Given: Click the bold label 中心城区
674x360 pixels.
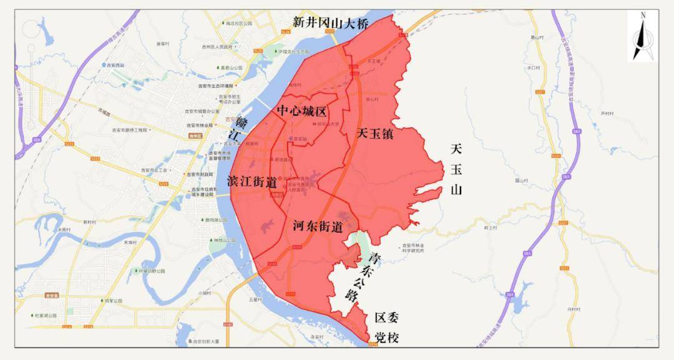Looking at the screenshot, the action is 302,111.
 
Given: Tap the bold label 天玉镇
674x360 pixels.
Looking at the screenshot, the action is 375,133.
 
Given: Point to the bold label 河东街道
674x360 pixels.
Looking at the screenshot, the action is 318,227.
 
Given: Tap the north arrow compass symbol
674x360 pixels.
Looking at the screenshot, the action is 643,37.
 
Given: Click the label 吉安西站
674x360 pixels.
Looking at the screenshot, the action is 115,64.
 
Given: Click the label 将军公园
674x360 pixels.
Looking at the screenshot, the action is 114,301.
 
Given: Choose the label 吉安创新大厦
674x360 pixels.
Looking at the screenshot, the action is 202,341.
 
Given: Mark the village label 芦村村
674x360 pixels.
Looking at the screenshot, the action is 607,114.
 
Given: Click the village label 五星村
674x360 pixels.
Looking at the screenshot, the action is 253,299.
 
